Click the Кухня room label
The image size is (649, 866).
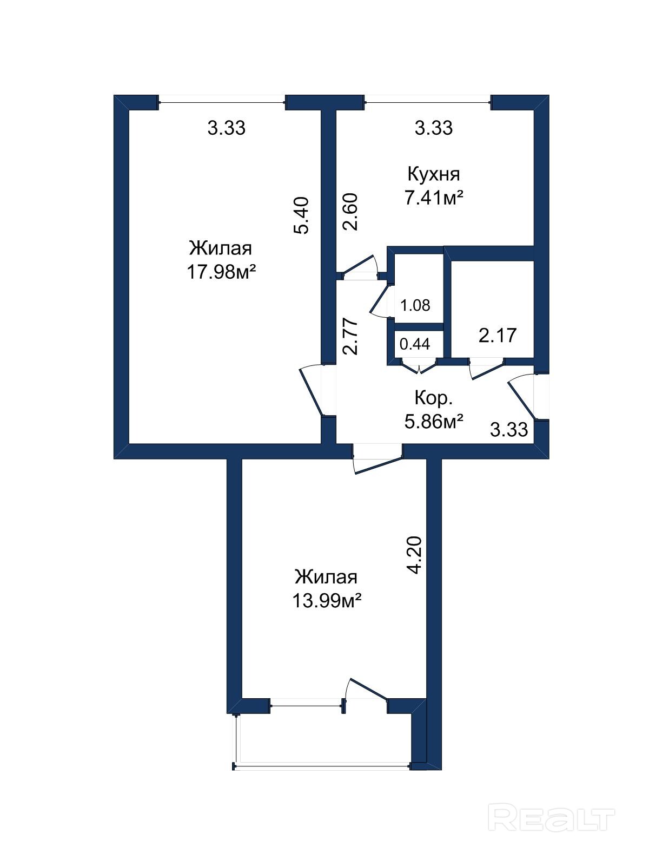(433, 174)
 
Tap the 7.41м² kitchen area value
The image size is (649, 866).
(433, 198)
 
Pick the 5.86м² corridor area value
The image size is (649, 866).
(433, 421)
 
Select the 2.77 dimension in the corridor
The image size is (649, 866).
(350, 336)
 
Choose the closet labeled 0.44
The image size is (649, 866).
(415, 344)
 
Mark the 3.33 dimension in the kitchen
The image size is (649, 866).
(434, 128)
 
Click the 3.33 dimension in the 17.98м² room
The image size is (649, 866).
(227, 128)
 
